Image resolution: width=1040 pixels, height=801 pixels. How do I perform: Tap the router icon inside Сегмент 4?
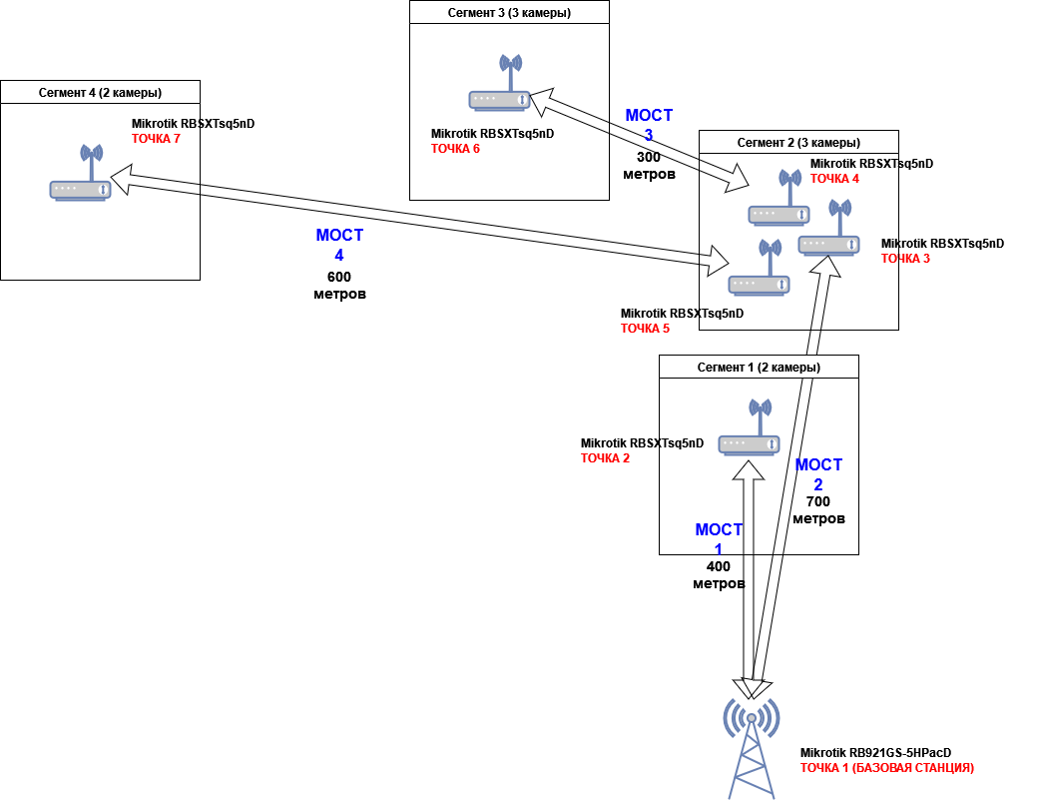coord(80,173)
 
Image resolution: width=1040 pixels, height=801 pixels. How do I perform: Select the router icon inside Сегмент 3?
coord(499,83)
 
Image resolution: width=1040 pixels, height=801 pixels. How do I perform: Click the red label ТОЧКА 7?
coord(156,139)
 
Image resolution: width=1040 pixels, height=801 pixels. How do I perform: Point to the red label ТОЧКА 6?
coord(455,149)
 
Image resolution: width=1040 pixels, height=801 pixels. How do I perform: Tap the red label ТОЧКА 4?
coord(834,179)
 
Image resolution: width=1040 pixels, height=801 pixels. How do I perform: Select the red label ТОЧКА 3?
coord(905,259)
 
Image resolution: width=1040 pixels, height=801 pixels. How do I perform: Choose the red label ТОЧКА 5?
coord(645,329)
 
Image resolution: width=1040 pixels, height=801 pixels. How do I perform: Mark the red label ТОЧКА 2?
coord(605,458)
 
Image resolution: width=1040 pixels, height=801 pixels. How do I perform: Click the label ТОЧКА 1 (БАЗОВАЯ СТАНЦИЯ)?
coord(886,768)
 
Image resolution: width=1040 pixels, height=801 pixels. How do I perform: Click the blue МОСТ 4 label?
coord(339,245)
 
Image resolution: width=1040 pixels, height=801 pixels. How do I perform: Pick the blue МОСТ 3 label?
coord(649,125)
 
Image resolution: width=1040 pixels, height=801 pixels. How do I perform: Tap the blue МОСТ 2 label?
coord(818,474)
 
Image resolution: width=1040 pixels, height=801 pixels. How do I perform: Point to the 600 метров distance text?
coord(339,286)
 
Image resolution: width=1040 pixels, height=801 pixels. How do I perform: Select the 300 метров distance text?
coord(649,165)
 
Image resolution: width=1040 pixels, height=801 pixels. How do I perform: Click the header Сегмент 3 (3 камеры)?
coord(509,13)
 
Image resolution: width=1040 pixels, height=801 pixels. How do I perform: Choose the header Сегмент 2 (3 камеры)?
coord(798,143)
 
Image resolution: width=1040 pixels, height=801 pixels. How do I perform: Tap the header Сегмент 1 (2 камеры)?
coord(759,368)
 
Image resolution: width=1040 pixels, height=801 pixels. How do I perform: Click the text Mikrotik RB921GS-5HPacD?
coord(875,753)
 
